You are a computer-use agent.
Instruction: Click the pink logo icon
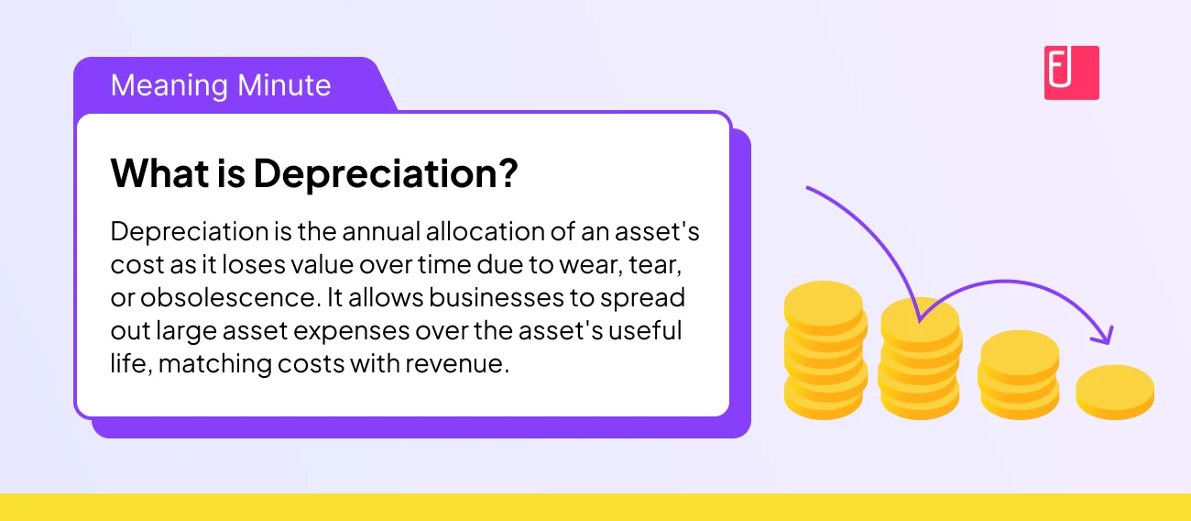coord(1071,72)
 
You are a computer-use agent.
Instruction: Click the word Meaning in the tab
coord(169,85)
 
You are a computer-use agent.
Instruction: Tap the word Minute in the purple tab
coord(283,85)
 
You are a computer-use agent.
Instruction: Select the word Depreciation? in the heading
coord(386,173)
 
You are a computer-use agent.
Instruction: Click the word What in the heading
coord(148,173)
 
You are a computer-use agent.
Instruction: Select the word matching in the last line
coord(213,363)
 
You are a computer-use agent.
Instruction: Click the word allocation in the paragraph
coord(478,231)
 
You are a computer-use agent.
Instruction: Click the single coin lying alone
coord(1114,390)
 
